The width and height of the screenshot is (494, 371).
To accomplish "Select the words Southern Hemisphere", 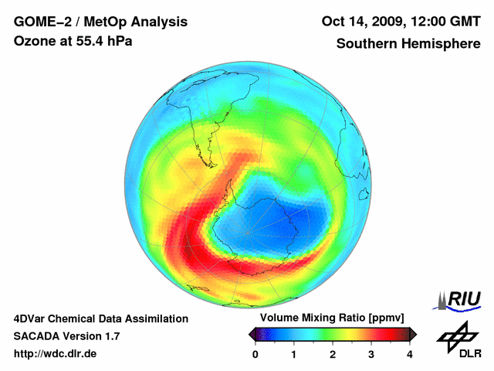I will coord(408,43).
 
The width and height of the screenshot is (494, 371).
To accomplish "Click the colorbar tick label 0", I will coord(255,354).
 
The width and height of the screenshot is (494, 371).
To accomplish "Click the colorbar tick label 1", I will coord(294,354).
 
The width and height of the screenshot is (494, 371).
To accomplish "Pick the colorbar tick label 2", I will coord(333,354).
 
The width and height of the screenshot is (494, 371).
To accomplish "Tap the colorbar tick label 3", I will coord(371,354).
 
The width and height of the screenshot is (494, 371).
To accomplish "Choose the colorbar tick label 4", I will coord(410,354).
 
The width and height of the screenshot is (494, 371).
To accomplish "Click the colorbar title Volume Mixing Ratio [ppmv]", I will coord(332,318).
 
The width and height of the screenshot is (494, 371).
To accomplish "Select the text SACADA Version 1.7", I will coord(66,336).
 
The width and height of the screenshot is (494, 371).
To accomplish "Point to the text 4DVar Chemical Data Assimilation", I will coord(101,318).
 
